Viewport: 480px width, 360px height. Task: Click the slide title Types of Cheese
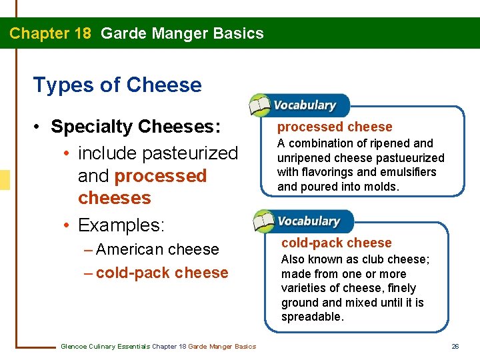117,85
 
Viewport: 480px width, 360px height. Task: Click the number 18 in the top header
79,33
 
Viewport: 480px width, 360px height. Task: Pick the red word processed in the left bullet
161,176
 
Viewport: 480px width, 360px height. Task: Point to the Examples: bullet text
121,225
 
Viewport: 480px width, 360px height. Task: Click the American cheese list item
157,249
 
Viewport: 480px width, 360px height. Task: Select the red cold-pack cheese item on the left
162,273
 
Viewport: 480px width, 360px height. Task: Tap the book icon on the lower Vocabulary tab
263,221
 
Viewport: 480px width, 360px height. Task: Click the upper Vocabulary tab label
305,105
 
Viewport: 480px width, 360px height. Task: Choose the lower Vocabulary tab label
309,221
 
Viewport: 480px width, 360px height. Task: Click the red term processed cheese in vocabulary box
335,127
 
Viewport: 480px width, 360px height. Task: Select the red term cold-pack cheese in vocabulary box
337,243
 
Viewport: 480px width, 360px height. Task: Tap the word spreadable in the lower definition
313,317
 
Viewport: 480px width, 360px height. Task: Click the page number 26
455,346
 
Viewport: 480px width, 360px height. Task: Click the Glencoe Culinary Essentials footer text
158,346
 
